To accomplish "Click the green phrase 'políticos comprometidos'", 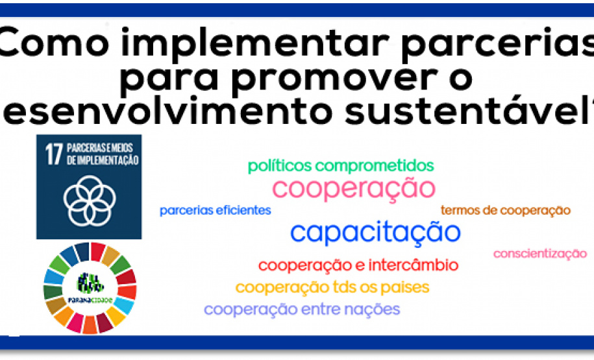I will point(341,166).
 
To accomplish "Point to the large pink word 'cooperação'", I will point(354,188).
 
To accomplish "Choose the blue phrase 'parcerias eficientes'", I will point(215,210).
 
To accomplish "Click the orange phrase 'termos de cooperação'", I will point(505,210).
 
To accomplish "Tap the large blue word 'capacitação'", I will point(375,232).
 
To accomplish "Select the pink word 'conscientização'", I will point(539,254).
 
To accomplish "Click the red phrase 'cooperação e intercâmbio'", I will point(358,265).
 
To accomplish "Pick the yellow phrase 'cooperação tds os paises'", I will point(332,287).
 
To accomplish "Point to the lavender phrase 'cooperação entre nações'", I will point(302,309).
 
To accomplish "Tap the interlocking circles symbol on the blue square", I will point(89,196).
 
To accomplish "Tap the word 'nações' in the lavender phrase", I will point(373,309).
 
